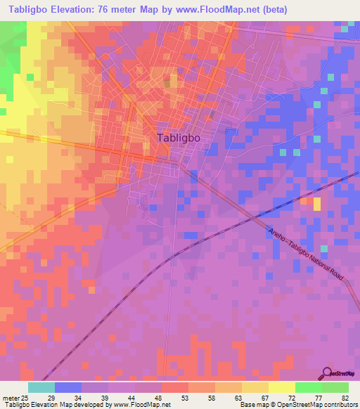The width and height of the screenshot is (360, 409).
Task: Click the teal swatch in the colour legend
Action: [41, 387]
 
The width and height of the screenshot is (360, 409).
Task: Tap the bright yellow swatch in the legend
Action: [281, 387]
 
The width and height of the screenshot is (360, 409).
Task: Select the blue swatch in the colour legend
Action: [68, 387]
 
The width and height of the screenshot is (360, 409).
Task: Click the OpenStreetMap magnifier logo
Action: [328, 373]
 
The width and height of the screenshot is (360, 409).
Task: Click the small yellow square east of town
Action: [316, 204]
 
